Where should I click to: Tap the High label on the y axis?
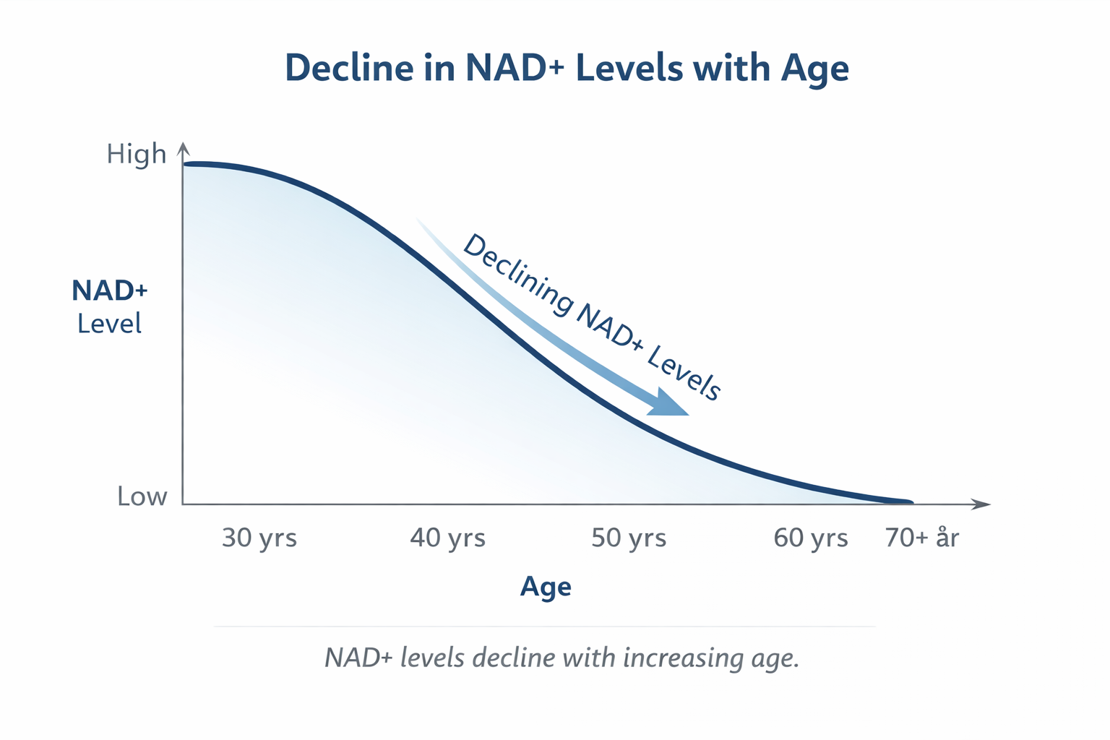[136, 154]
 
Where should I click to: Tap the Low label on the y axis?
[142, 496]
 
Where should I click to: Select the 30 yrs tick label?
[259, 538]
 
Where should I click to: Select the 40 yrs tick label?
[447, 538]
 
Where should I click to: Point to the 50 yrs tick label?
[629, 538]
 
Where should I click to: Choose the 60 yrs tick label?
[810, 538]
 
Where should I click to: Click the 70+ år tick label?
[922, 538]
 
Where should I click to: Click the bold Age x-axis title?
[546, 586]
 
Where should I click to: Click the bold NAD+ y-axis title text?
[110, 291]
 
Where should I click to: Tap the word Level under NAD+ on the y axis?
[110, 324]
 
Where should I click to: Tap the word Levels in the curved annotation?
[684, 372]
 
